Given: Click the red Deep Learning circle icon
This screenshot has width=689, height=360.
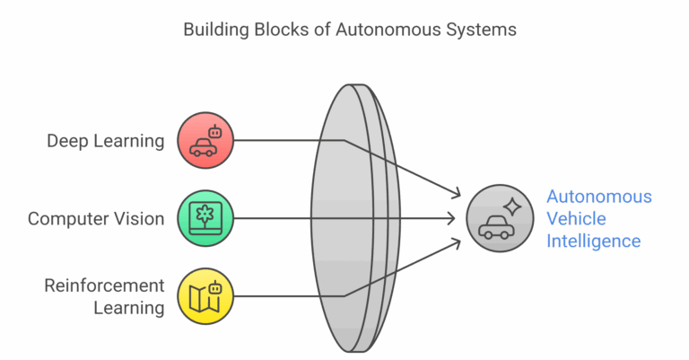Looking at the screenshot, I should pyautogui.click(x=205, y=140).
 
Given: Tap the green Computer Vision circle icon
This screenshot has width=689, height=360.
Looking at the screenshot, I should pyautogui.click(x=205, y=217).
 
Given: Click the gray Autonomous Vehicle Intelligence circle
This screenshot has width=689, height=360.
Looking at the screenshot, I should pyautogui.click(x=501, y=218).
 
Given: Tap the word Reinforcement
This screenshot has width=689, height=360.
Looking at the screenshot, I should pyautogui.click(x=105, y=286).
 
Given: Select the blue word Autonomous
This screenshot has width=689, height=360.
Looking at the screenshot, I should pyautogui.click(x=599, y=197).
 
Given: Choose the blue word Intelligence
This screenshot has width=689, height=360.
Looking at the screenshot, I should pyautogui.click(x=594, y=241).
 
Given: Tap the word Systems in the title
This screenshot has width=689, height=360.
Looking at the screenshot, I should pyautogui.click(x=485, y=30).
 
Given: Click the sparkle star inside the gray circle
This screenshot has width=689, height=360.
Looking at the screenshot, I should pyautogui.click(x=512, y=206).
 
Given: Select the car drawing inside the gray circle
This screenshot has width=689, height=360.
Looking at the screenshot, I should pyautogui.click(x=495, y=227).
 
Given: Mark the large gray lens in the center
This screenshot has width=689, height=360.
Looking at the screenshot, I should pyautogui.click(x=353, y=218).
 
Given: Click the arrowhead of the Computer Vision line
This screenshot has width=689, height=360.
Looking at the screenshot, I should pyautogui.click(x=458, y=218).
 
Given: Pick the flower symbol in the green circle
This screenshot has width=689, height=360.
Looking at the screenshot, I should pyautogui.click(x=205, y=215).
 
